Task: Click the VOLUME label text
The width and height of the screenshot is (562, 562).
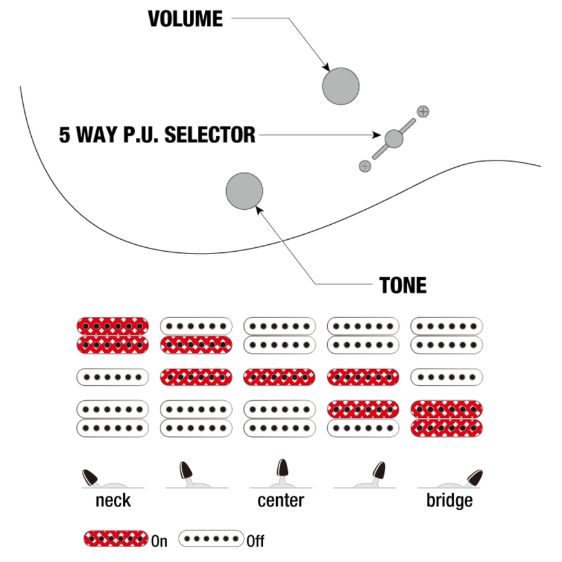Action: (185, 19)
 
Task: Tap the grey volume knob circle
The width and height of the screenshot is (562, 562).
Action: (340, 86)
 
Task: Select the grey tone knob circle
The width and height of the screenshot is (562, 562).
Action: (244, 191)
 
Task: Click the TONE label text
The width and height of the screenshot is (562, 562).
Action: (403, 285)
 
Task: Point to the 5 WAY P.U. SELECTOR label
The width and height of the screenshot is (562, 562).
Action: (157, 135)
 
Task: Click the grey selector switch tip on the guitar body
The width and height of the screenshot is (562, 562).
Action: (393, 138)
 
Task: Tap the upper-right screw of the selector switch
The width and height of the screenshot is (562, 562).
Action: (423, 112)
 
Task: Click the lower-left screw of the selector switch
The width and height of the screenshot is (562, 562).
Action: (365, 165)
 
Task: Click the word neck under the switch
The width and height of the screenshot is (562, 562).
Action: (113, 500)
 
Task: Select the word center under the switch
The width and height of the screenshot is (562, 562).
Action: (280, 500)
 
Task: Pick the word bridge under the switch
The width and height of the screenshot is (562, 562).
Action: (449, 500)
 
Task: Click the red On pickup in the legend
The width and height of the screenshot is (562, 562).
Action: (116, 538)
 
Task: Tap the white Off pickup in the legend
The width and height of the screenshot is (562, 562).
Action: (211, 538)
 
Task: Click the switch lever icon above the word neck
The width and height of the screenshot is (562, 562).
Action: (94, 478)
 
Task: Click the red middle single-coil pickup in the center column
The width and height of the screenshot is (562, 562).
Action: (280, 377)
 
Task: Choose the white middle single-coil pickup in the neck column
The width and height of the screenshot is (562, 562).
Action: (112, 377)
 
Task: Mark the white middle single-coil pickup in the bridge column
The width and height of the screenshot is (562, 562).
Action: (446, 377)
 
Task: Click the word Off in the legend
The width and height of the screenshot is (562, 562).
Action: (255, 541)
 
